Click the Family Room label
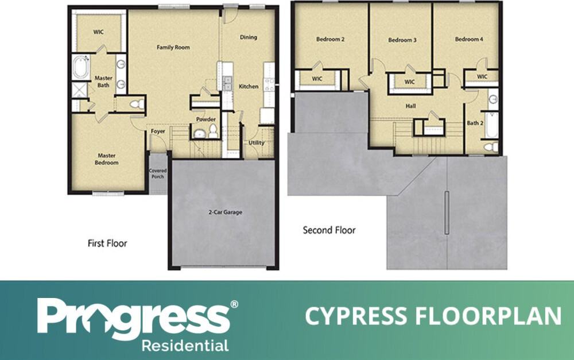click(173, 47)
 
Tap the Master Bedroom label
click(107, 159)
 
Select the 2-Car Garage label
click(225, 212)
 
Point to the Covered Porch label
click(157, 173)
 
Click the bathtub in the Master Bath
click(81, 67)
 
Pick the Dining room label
click(249, 37)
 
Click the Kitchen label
click(249, 86)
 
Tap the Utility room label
click(256, 142)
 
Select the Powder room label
click(206, 119)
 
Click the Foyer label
click(158, 131)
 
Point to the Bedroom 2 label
click(331, 40)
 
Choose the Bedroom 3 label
click(402, 40)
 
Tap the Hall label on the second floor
click(410, 106)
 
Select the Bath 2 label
click(475, 123)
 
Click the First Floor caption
click(107, 243)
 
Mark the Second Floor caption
click(329, 230)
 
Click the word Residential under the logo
click(185, 346)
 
